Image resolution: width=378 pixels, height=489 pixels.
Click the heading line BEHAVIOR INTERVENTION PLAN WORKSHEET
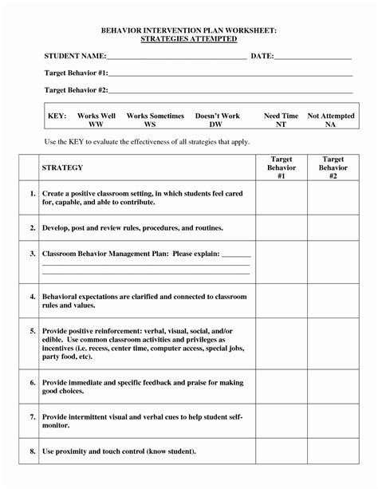click(189, 30)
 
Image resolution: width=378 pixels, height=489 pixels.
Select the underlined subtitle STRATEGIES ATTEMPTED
click(189, 38)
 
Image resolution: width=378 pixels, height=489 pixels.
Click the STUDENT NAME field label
click(75, 57)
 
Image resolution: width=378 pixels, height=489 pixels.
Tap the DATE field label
click(262, 57)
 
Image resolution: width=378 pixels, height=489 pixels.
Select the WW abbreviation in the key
click(96, 124)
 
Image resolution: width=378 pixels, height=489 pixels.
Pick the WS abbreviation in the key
click(150, 124)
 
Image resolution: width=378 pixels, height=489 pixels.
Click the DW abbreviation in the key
click(216, 124)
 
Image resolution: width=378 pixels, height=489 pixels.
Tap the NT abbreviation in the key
click(281, 124)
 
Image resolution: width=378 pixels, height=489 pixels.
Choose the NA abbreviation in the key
click(330, 124)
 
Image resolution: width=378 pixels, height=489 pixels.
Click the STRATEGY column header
click(62, 168)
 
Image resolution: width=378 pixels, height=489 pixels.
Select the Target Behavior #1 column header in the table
click(282, 168)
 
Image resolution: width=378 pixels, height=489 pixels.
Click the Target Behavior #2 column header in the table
click(333, 168)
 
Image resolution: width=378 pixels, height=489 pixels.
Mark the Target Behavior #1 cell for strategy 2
click(282, 227)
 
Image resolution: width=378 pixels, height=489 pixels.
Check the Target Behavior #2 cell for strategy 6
click(333, 387)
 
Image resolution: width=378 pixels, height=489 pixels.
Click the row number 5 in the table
click(33, 329)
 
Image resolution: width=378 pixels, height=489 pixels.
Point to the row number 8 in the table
click(33, 452)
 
